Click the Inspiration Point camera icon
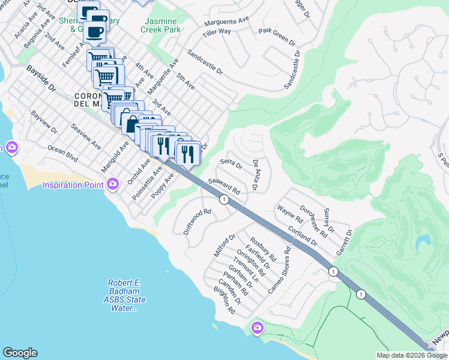(x=112, y=185)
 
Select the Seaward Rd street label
(x=224, y=187)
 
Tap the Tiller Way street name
(x=217, y=31)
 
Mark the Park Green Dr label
(x=277, y=37)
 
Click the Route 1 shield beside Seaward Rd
(x=223, y=200)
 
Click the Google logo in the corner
(x=20, y=352)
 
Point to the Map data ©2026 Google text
(x=411, y=355)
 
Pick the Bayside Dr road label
(x=41, y=79)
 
